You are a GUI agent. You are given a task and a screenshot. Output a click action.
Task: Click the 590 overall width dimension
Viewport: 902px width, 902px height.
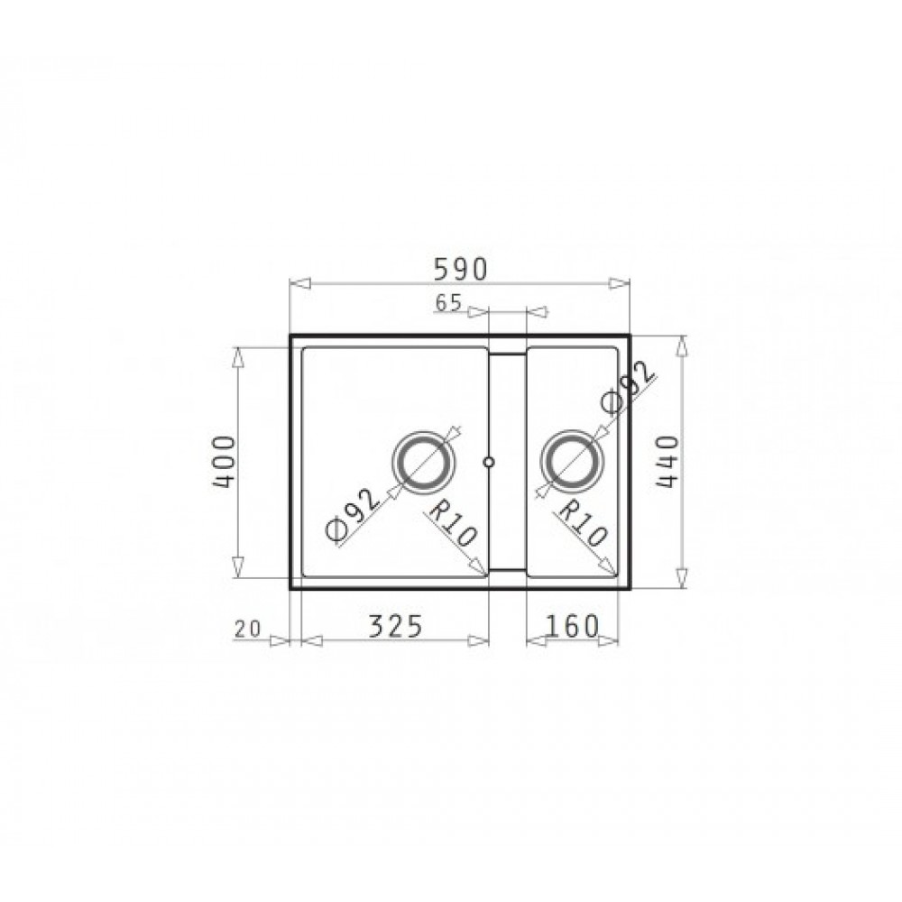coord(460,269)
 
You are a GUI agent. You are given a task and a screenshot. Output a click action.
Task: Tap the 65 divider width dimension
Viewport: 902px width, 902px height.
coord(448,302)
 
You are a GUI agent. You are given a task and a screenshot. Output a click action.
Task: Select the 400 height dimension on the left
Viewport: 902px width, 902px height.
coord(225,462)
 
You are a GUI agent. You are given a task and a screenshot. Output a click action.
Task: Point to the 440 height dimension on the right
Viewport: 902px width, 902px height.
coord(667,462)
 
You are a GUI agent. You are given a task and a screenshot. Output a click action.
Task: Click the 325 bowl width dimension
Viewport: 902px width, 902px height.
coord(395,626)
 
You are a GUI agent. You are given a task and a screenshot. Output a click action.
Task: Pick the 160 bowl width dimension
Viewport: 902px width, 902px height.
coord(572,626)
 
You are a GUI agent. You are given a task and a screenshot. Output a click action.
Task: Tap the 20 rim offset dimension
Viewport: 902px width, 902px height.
coord(248,629)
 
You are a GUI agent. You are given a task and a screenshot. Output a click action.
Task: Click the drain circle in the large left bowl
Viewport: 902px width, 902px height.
coord(423,461)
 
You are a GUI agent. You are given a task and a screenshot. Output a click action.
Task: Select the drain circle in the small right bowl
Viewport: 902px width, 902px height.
coord(573,461)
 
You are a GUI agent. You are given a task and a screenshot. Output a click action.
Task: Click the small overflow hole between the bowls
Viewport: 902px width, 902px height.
coord(489,461)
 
